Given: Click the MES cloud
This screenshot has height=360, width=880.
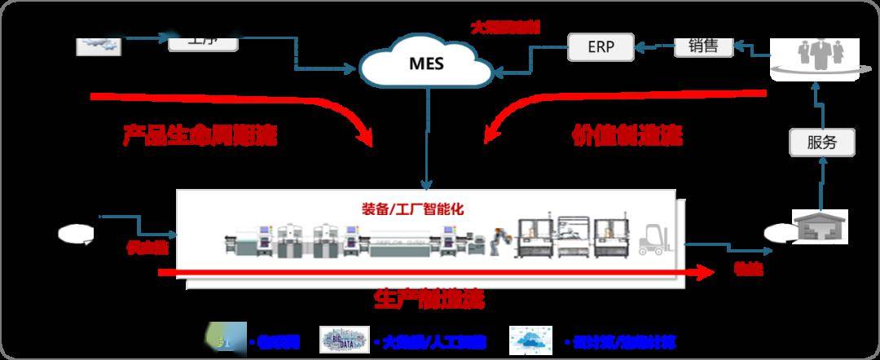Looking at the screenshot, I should coord(427,62).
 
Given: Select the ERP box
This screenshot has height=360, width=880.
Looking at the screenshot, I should coord(601,47).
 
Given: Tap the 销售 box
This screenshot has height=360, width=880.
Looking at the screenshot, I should coord(702,46).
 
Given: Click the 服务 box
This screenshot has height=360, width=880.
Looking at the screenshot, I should coord(822,143).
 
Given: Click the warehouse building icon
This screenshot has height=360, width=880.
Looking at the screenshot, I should coord(820,226).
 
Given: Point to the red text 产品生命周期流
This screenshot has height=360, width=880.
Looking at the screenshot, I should coord(200,134).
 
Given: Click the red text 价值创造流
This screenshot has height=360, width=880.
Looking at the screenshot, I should coord(627,134).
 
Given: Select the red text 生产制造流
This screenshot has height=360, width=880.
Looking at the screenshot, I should coord(429,299).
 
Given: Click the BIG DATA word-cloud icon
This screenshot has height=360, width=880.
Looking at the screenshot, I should coord(344,340).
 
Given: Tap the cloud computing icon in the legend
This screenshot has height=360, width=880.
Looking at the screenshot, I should coord(530,340).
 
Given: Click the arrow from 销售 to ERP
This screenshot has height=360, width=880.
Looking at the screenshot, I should coord(654,47).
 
